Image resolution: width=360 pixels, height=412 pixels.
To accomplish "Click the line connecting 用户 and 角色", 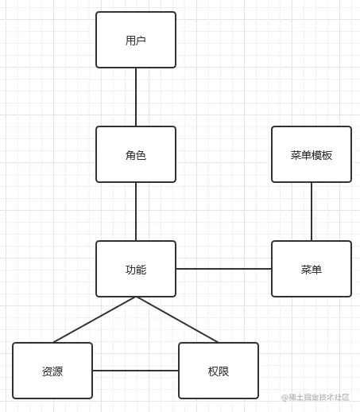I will tap(136, 97).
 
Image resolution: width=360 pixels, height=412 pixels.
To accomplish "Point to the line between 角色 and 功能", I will tap(136, 212).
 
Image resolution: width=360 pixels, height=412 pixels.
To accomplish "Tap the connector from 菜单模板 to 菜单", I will tap(312, 212).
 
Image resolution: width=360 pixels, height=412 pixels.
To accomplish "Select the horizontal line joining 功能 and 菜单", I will tap(223, 269).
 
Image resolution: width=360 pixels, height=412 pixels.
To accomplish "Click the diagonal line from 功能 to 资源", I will tap(95, 320).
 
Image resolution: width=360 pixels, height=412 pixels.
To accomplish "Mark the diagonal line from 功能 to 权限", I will tap(177, 320).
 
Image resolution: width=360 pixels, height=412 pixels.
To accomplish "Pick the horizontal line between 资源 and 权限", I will tap(135, 371).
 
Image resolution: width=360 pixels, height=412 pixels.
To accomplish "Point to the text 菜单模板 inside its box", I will tap(312, 155).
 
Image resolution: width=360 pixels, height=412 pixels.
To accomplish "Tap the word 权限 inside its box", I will tap(219, 371).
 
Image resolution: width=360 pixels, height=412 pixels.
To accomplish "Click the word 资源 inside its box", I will tap(52, 371).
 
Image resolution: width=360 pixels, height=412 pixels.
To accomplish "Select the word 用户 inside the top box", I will tap(136, 41).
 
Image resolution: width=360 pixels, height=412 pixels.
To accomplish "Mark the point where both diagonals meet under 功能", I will tap(136, 297).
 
